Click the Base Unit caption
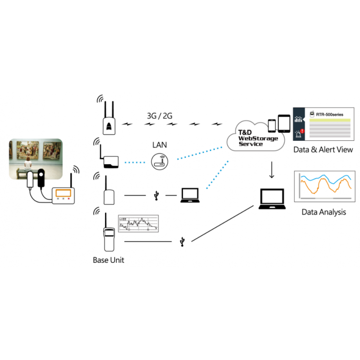tap(108, 260)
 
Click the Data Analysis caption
tap(324, 211)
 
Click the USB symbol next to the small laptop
tap(156, 195)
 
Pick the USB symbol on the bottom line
tap(182, 242)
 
